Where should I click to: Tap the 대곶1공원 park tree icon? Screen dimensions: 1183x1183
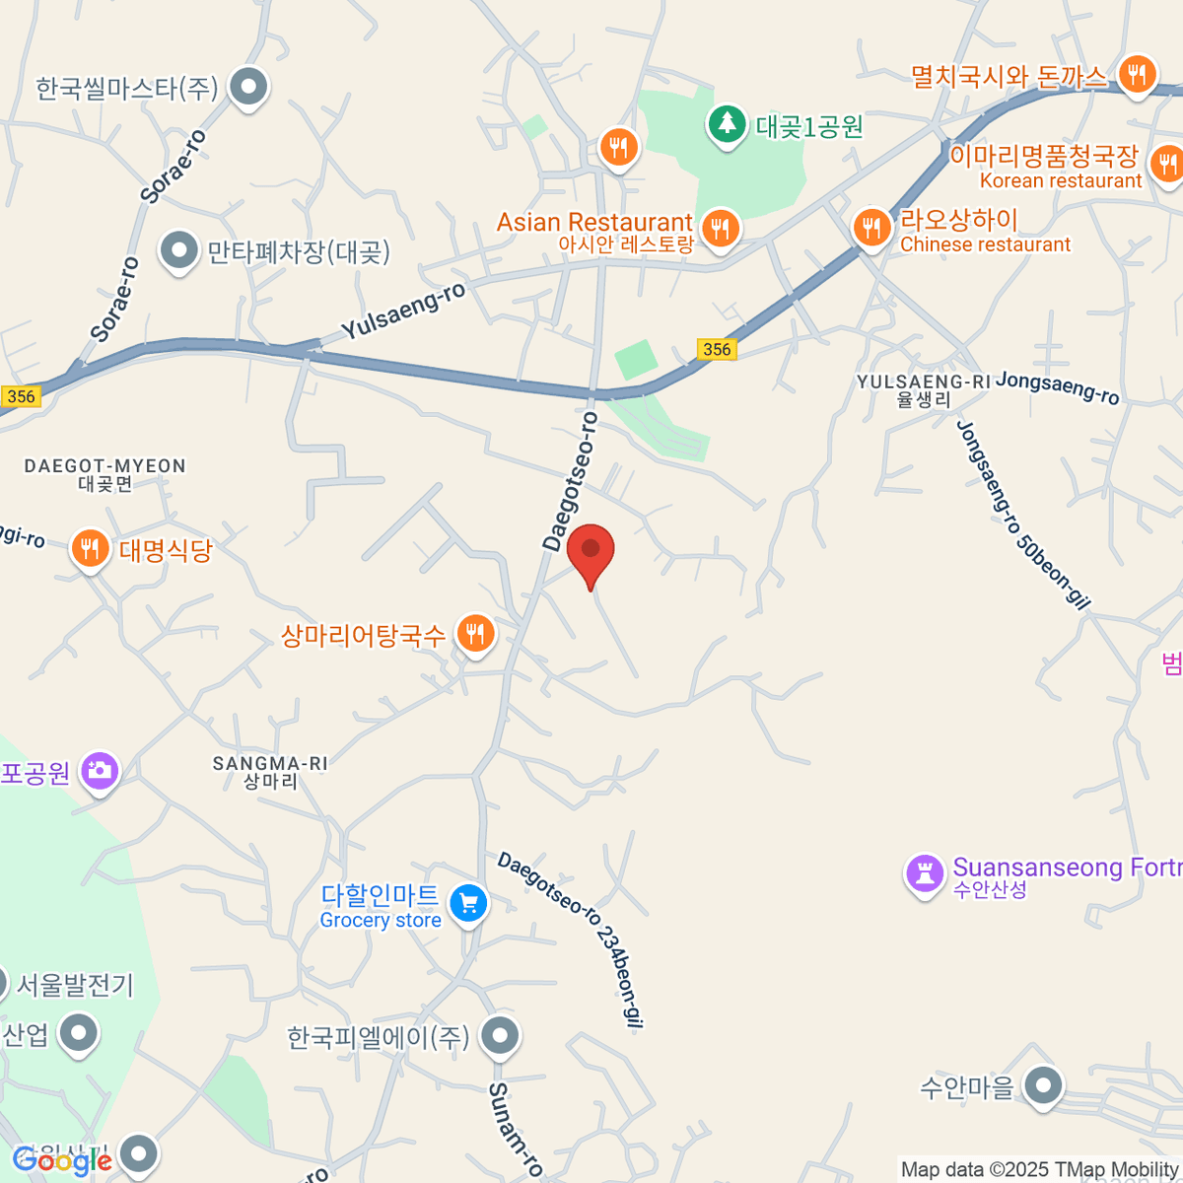point(728,124)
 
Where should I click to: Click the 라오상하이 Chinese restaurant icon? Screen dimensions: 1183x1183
point(871,229)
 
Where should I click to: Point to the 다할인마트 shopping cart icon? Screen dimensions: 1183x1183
point(468,903)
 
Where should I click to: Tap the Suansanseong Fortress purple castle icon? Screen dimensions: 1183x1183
point(925,873)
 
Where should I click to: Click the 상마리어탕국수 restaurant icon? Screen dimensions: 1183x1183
point(476,634)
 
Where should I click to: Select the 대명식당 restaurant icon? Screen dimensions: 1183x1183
point(91,548)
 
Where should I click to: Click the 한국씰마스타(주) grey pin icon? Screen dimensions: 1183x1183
point(248,88)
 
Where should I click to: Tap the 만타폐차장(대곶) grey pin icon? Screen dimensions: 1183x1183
point(178,251)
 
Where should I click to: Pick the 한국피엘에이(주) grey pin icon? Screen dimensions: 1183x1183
point(500,1036)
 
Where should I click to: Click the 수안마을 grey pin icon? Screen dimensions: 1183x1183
point(1042,1086)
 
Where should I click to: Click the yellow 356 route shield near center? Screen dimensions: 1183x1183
point(717,349)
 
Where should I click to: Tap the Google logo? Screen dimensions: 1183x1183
point(62,1161)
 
